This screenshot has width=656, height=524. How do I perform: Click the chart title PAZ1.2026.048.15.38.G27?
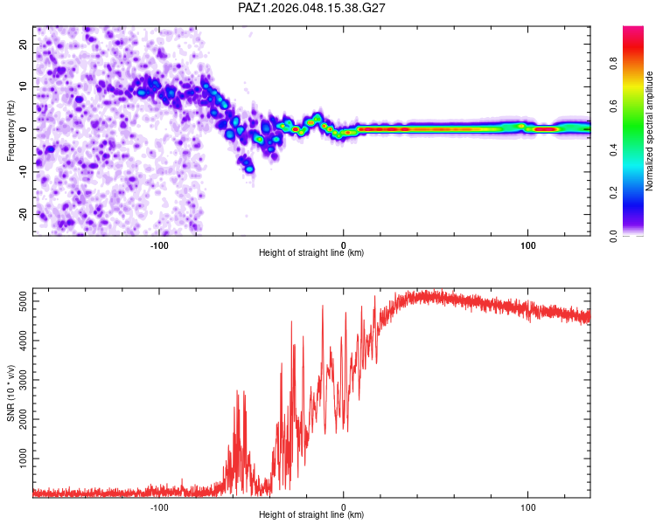[x=311, y=8]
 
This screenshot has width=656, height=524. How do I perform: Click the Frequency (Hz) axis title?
[x=10, y=131]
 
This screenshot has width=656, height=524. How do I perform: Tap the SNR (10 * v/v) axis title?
[x=10, y=393]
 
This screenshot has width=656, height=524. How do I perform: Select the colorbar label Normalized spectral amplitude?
[x=649, y=131]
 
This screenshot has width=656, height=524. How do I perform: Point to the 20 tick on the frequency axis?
[x=23, y=44]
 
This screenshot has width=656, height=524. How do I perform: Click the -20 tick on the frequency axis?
[x=23, y=214]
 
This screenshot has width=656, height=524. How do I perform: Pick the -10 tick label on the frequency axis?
[x=23, y=172]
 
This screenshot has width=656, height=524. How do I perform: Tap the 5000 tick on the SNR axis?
[x=23, y=301]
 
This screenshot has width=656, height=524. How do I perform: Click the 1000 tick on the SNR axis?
[x=23, y=458]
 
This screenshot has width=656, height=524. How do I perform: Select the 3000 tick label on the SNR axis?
[x=23, y=380]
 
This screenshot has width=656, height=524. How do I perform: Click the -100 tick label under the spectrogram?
[x=159, y=245]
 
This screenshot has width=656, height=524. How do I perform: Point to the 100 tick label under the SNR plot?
[x=528, y=507]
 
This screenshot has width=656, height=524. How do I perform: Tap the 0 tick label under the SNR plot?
[x=344, y=507]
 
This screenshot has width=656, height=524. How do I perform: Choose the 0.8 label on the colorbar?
[x=613, y=64]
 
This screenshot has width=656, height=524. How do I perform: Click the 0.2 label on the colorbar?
[x=613, y=193]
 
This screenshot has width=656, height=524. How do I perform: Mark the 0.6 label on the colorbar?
[x=613, y=107]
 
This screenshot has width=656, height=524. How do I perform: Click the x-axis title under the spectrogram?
[x=311, y=252]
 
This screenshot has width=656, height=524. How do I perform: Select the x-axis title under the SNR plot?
[x=311, y=514]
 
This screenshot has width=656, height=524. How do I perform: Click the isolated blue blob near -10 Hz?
[x=249, y=169]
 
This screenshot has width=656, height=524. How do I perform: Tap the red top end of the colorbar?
[x=633, y=30]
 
